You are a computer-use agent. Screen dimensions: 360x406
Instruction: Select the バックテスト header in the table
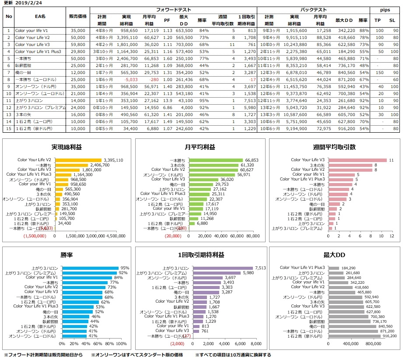tap(312, 9)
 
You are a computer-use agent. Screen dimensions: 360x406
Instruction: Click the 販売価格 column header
tap(78, 16)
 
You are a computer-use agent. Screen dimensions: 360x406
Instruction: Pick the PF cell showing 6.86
tap(167, 107)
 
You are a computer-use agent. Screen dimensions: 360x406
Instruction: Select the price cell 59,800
tap(78, 44)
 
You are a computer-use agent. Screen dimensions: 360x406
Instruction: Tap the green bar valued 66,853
tap(223, 160)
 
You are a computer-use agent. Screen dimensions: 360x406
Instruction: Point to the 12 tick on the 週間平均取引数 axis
tap(392, 236)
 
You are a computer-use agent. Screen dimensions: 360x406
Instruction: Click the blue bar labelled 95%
tap(90, 268)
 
